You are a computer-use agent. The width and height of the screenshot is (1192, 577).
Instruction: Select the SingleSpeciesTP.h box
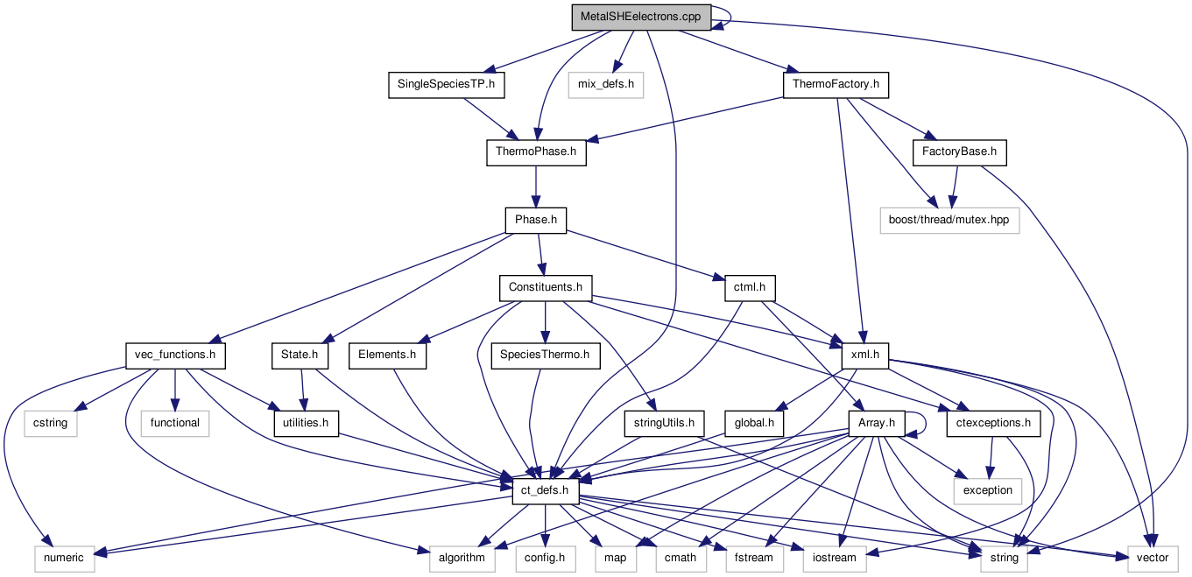[447, 85]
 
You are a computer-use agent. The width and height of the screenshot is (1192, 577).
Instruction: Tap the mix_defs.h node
[605, 85]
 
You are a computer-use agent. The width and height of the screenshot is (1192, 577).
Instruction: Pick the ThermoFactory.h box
[835, 85]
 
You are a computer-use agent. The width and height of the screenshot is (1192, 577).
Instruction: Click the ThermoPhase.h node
[535, 152]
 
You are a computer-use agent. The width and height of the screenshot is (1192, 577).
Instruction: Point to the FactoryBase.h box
[959, 152]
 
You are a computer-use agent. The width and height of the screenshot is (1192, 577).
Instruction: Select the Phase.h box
[535, 220]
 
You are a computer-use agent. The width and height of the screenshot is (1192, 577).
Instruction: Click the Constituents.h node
[545, 287]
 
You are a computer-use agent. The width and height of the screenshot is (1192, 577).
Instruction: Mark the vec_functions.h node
[175, 355]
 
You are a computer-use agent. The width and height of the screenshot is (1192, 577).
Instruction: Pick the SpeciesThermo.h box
[545, 355]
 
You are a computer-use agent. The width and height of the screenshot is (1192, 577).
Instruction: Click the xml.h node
[865, 355]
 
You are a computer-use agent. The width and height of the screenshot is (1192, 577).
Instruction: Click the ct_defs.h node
[545, 490]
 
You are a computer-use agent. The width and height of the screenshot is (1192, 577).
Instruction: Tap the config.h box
[545, 558]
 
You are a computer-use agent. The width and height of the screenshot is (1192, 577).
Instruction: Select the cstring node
[51, 423]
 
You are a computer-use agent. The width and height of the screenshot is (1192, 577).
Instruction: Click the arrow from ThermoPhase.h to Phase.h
[535, 186]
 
